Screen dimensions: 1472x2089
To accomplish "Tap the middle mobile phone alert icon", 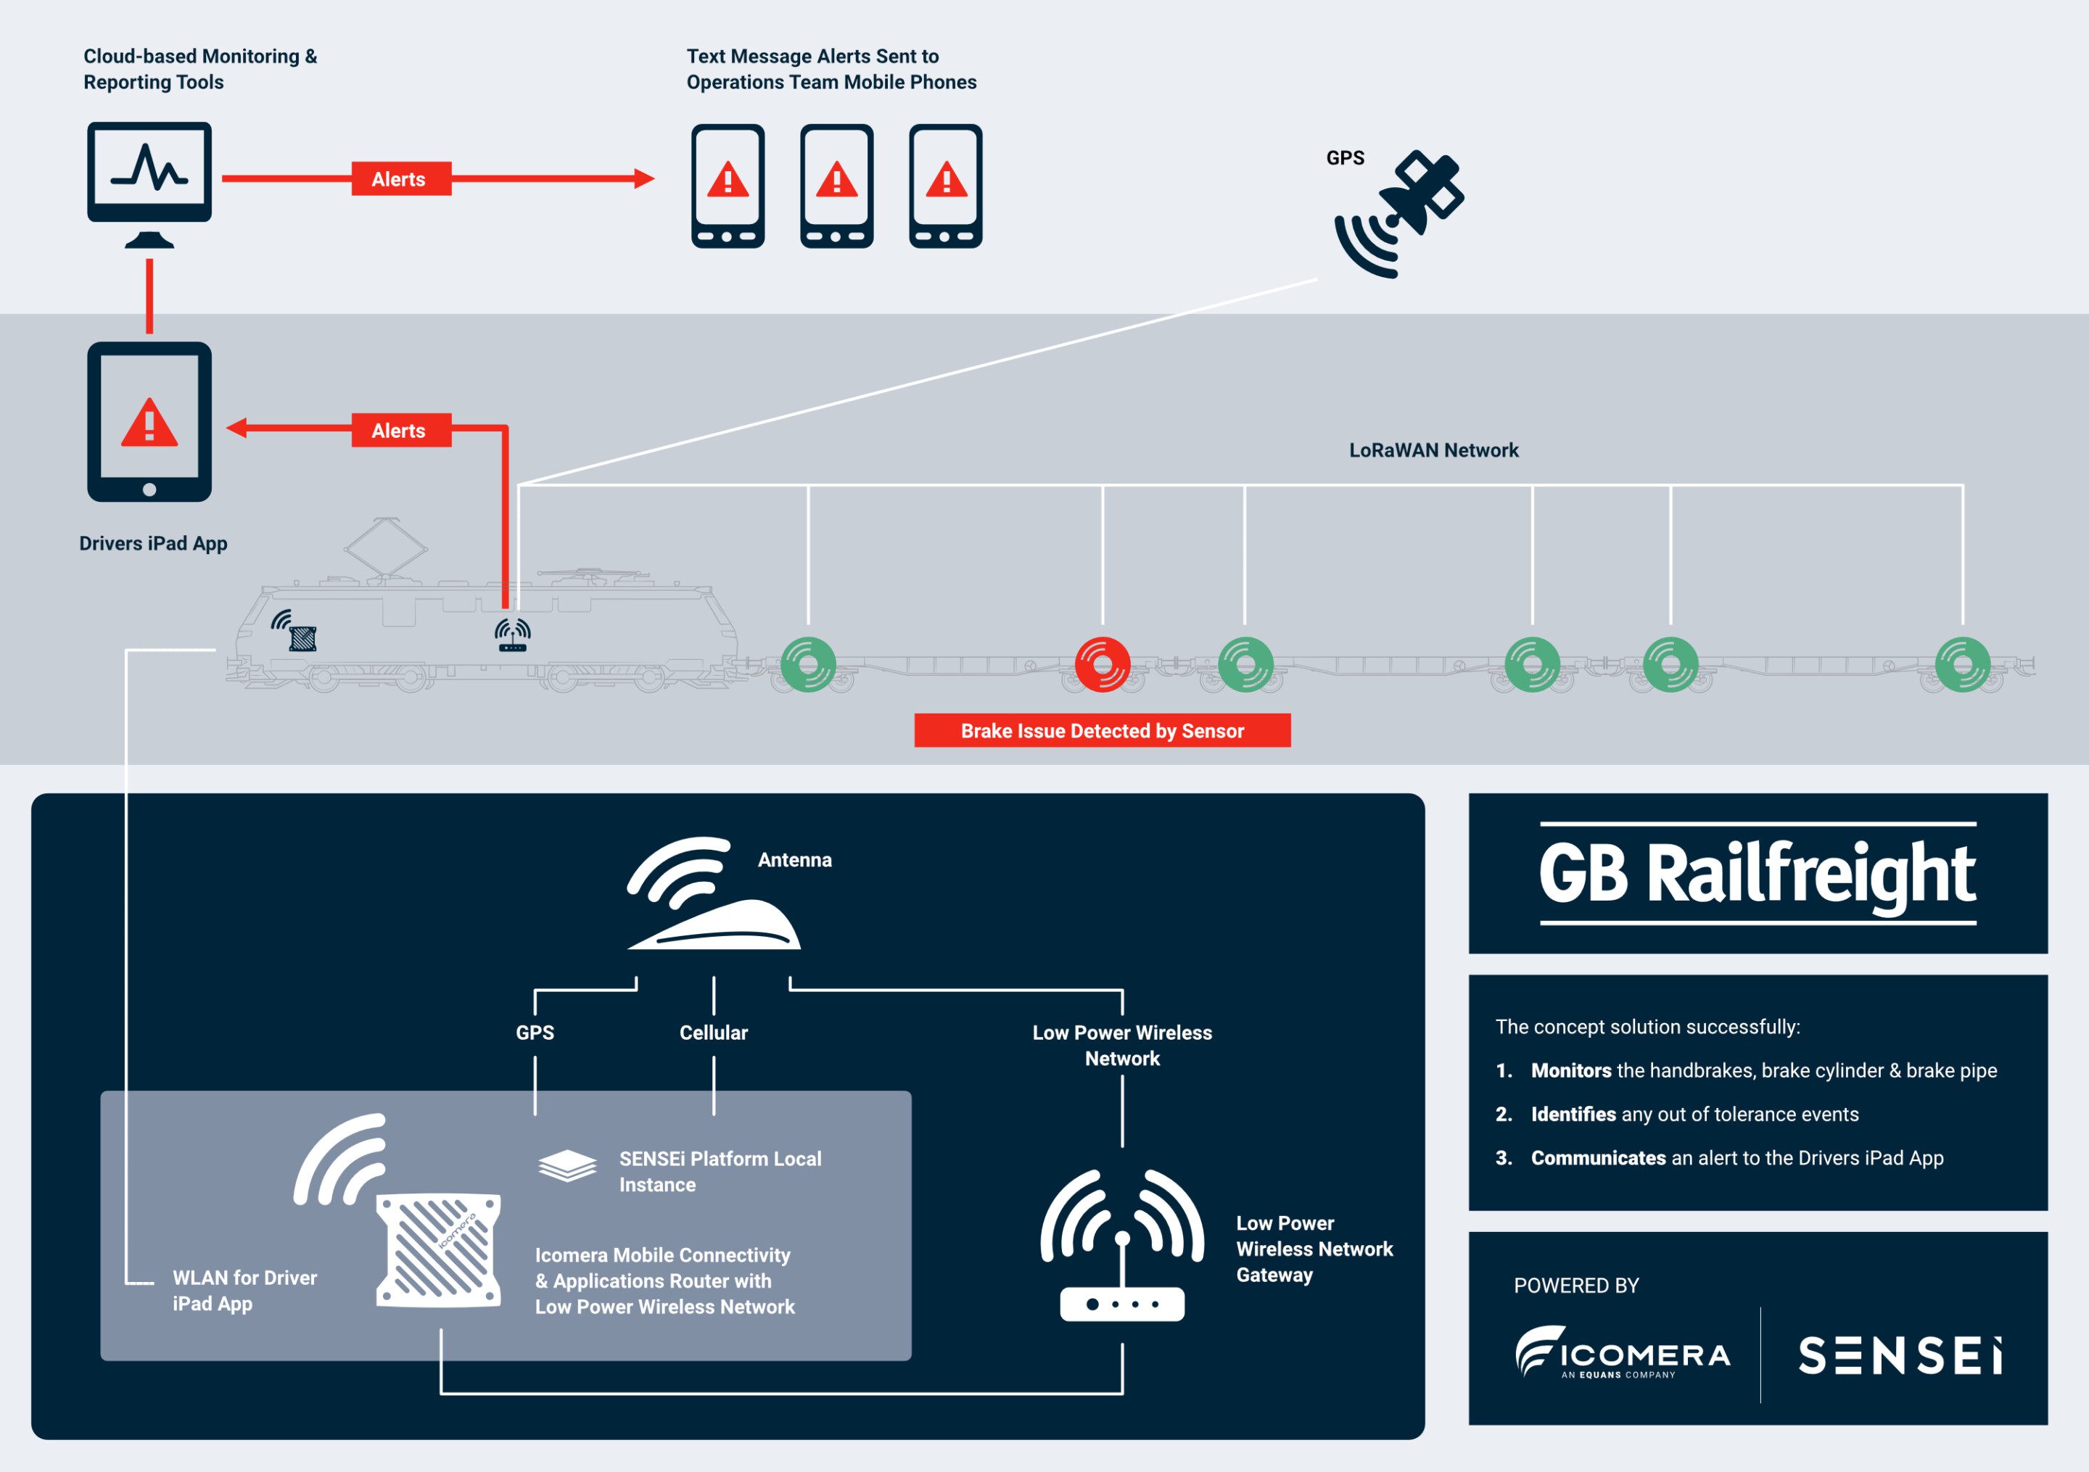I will click(836, 186).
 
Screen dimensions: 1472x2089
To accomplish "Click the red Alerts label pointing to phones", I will click(400, 179).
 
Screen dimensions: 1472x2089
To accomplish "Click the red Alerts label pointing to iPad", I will click(400, 430).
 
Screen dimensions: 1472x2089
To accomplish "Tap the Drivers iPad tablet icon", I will click(149, 421).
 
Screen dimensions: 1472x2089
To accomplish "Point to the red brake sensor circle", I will click(1102, 664).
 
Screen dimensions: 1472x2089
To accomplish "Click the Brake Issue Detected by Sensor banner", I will click(1102, 730).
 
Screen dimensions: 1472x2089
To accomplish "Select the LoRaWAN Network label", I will click(1433, 450).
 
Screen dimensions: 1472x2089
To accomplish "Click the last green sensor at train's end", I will click(1961, 664).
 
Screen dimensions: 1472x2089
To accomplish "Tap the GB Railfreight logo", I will click(1757, 873).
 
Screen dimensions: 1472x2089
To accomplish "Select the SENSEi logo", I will click(1900, 1355).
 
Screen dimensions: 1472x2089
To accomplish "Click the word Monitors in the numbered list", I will click(1570, 1071).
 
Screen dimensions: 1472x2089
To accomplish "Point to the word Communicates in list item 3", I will click(1598, 1158).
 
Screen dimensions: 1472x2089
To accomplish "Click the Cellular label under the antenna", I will click(713, 1033).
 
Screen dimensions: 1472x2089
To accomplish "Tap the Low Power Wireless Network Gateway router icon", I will click(1122, 1246).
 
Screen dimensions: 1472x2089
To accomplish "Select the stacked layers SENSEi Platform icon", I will click(566, 1165).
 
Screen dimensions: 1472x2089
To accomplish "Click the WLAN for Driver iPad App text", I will click(244, 1290).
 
